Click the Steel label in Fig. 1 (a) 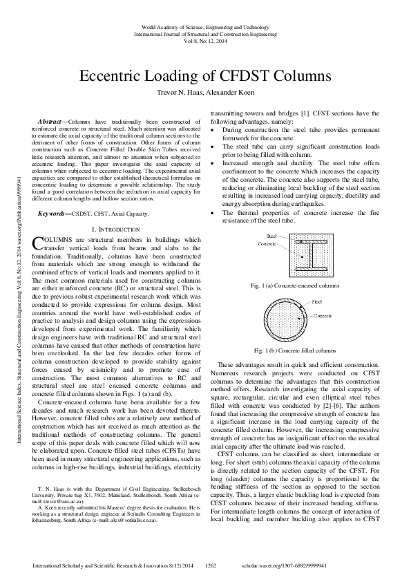click(x=271, y=236)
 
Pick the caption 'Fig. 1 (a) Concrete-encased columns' click(x=296, y=285)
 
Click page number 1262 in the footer click(x=212, y=565)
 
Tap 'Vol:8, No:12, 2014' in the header click(x=205, y=41)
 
